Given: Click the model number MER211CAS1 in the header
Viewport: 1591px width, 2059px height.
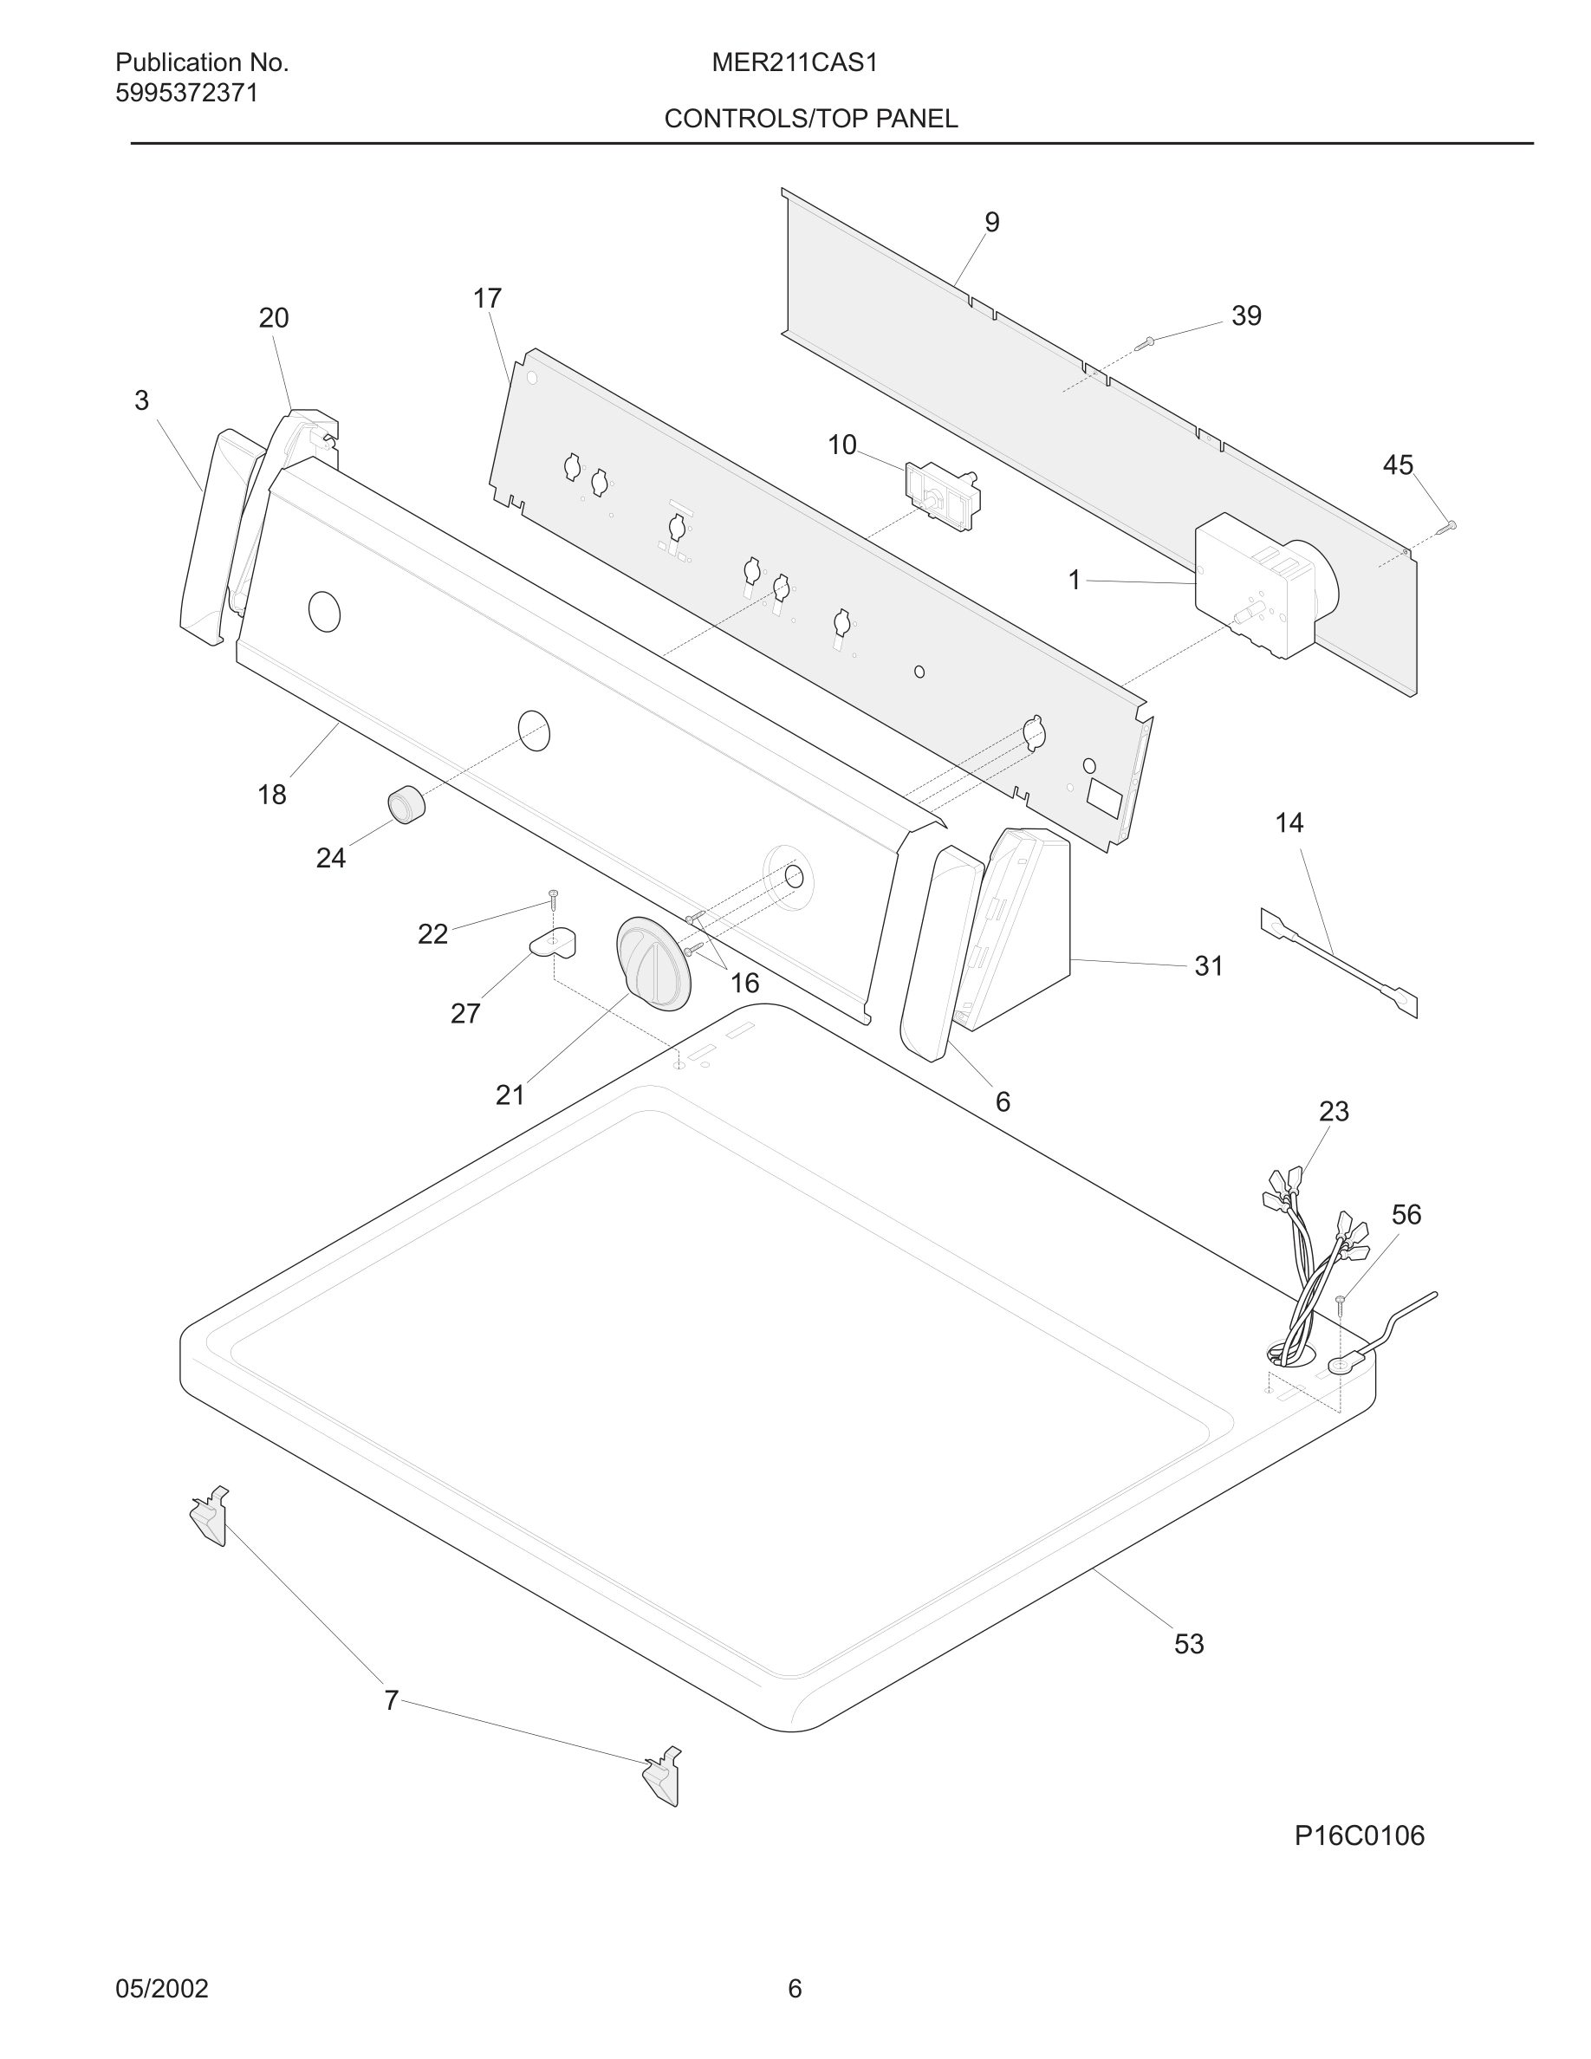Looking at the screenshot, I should [795, 63].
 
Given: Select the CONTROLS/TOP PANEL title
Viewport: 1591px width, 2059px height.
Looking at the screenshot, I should [810, 119].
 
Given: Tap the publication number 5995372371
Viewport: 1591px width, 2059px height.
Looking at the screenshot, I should [186, 94].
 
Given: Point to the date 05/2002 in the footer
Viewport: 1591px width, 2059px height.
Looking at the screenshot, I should [162, 1988].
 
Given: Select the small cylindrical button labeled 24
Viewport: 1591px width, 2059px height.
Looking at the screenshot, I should [406, 803].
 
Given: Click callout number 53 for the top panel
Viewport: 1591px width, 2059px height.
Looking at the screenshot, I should [1189, 1644].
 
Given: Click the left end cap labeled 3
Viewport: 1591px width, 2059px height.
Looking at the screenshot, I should [209, 537].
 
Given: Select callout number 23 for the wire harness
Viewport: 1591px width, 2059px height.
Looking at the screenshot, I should [1334, 1112].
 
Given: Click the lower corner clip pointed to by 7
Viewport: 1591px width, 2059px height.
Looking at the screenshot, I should [663, 1778].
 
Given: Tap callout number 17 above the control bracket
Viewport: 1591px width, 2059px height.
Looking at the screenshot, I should [487, 299].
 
